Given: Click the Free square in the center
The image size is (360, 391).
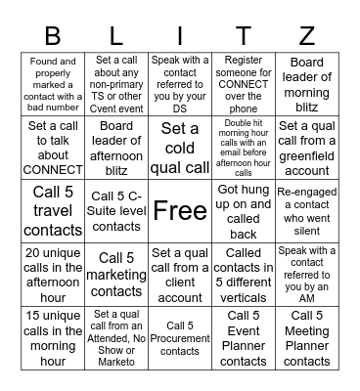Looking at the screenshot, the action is tap(180, 210).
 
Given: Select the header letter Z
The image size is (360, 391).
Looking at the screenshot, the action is tap(306, 37).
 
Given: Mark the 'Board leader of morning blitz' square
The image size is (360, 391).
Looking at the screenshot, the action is tap(306, 82).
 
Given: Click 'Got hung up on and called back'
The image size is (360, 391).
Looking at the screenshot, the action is tap(244, 210).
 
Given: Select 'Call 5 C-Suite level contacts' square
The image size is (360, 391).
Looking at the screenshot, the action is tap(116, 210).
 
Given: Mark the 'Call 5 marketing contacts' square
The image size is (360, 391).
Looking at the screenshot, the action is tap(116, 274).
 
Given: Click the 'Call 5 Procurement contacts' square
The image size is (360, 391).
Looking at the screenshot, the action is tap(180, 337).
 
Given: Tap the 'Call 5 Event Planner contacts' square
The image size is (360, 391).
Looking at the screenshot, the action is tap(244, 337).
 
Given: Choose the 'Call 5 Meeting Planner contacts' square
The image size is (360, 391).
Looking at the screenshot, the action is tap(306, 337).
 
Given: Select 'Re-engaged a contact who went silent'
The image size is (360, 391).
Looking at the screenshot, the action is tap(306, 210).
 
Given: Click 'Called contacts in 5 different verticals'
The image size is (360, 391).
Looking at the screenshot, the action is tap(244, 274).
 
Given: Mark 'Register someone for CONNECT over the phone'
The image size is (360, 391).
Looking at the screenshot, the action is tap(244, 82).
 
